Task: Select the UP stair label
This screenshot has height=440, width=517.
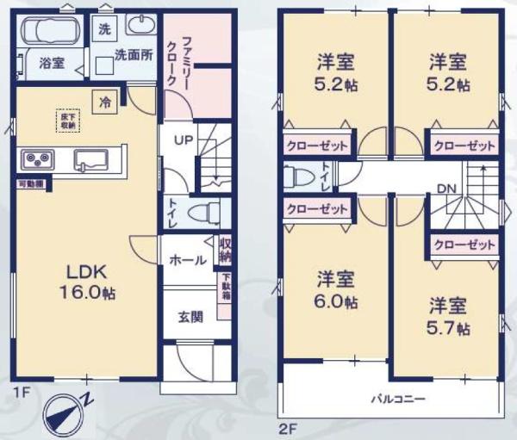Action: [x=184, y=140]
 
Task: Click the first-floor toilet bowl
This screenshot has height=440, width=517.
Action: [x=201, y=212]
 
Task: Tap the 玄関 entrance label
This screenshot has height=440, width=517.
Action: [x=190, y=316]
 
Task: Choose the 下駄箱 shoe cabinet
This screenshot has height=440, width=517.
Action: [x=227, y=285]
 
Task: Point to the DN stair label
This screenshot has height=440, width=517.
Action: [x=447, y=189]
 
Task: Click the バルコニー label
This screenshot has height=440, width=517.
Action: [x=396, y=400]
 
